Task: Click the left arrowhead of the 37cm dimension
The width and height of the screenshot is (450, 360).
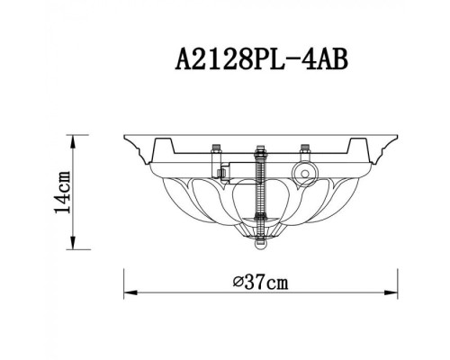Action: (126, 293)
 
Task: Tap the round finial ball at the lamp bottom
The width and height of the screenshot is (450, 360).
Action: (261, 242)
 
